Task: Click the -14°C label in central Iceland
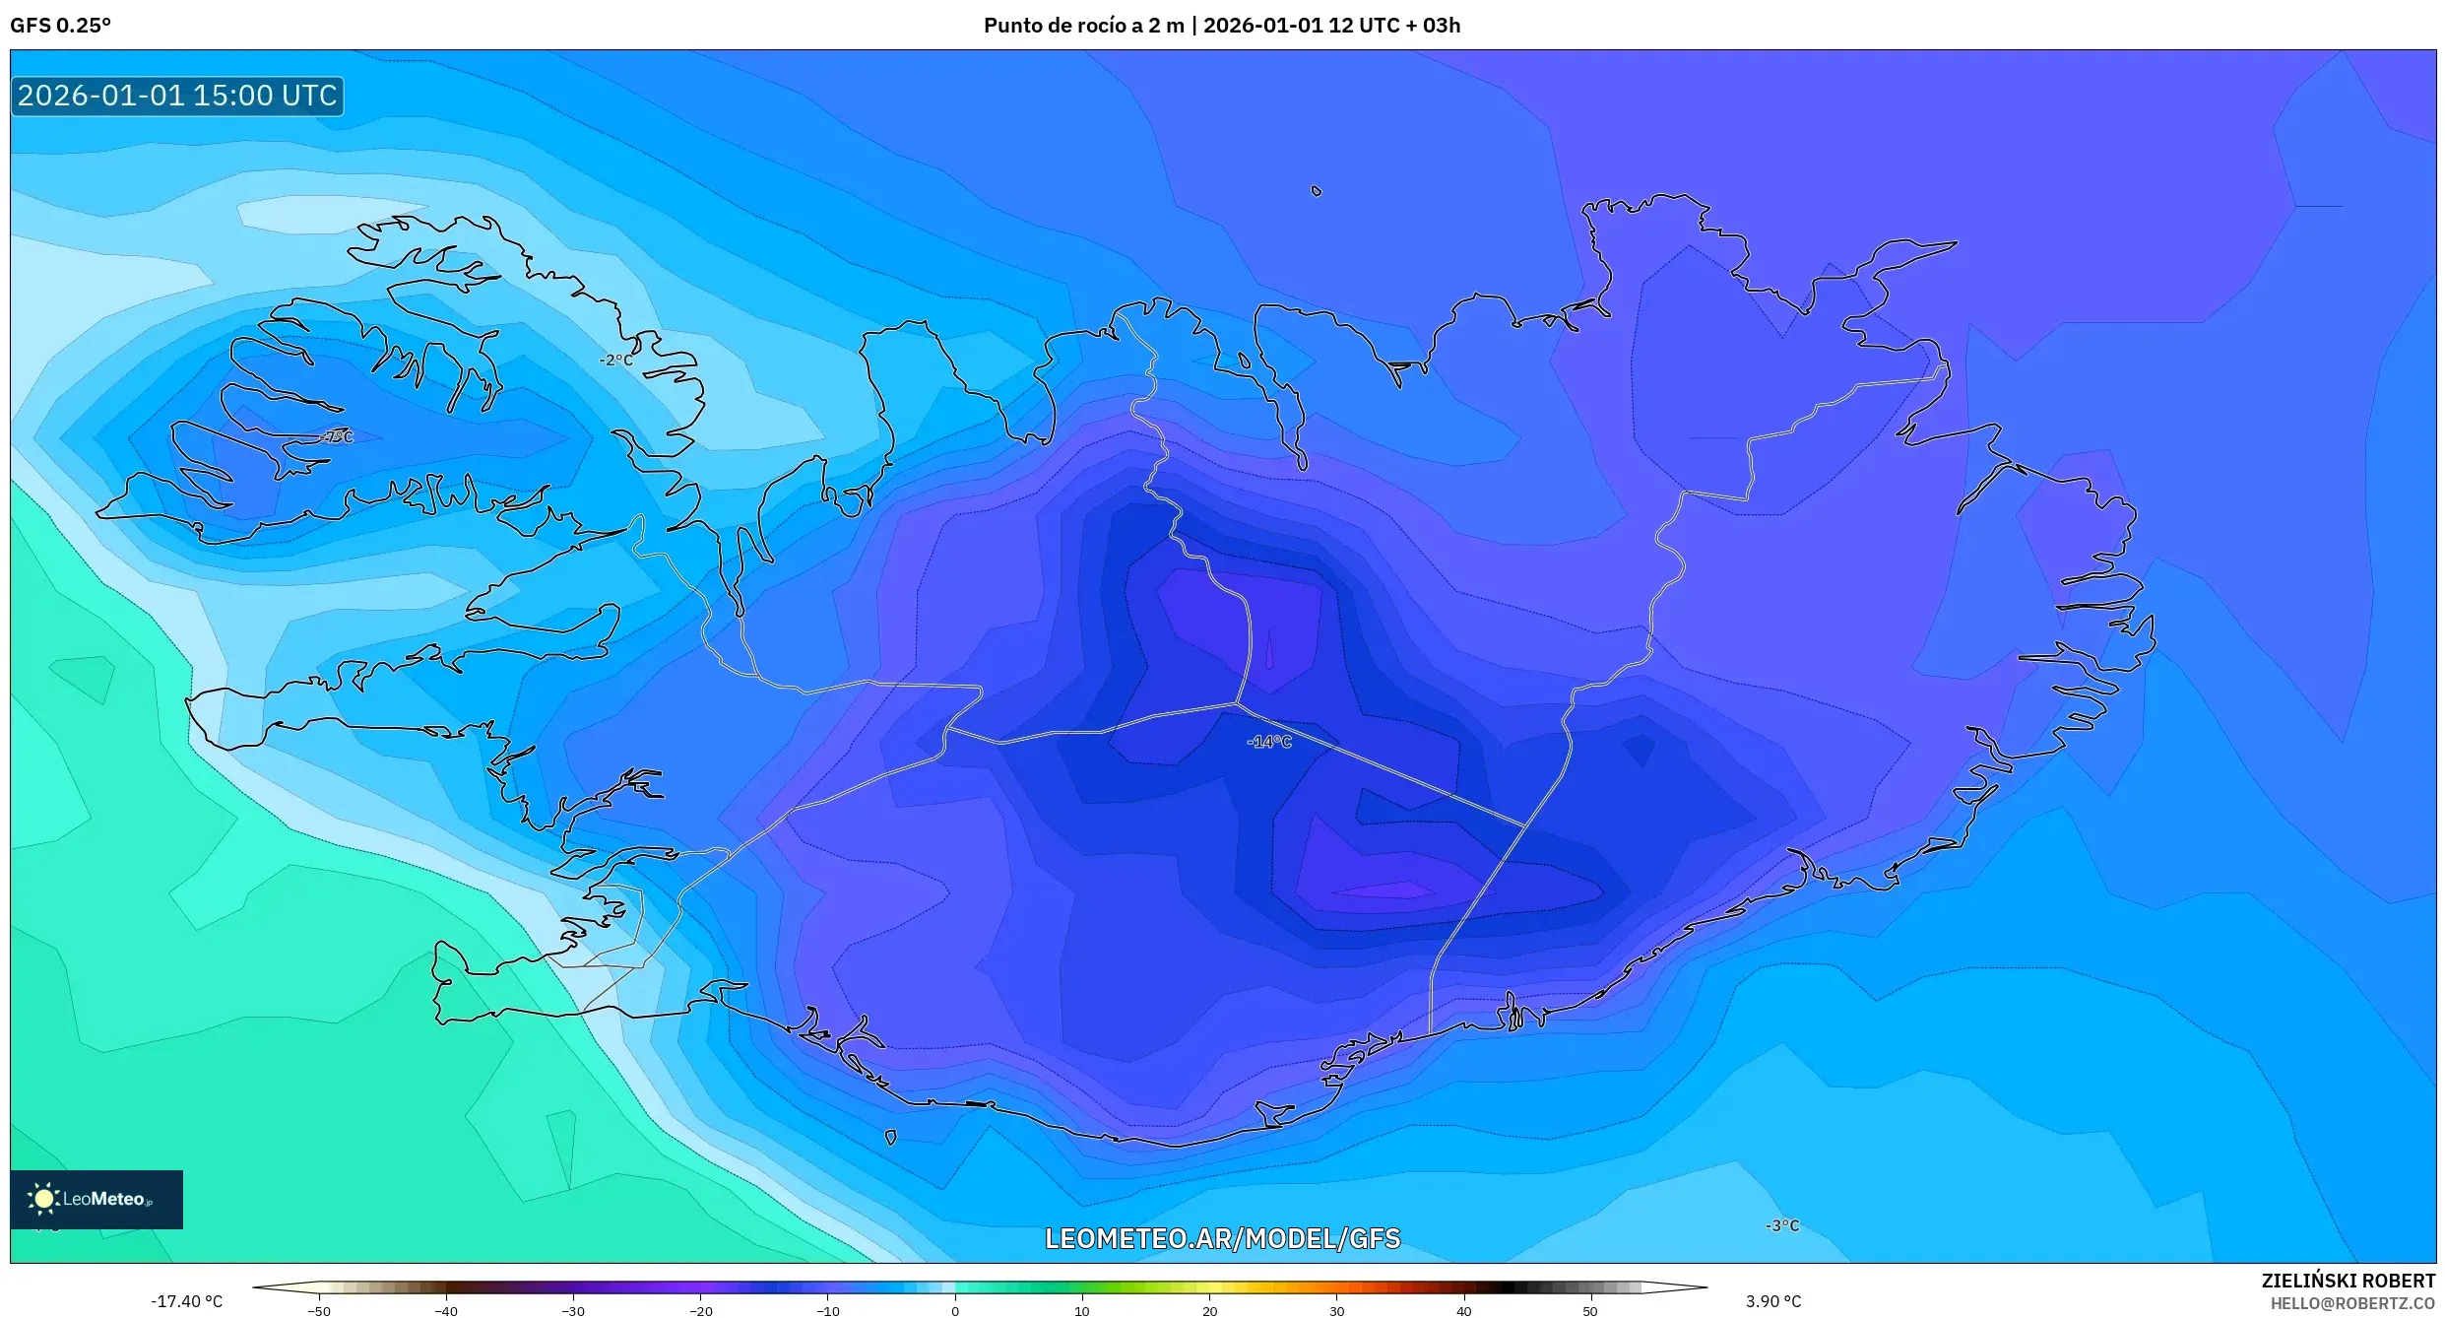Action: click(x=1268, y=742)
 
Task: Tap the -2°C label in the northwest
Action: click(x=616, y=361)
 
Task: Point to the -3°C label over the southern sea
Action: click(x=1782, y=1225)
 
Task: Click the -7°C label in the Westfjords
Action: click(x=337, y=436)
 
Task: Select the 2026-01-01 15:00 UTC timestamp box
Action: click(x=177, y=96)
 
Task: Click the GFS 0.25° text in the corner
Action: click(x=60, y=26)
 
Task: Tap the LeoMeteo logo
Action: click(x=96, y=1199)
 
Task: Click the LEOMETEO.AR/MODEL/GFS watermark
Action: click(x=1222, y=1238)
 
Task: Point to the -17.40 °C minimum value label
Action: click(x=186, y=1301)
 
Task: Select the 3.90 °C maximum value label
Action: click(x=1773, y=1301)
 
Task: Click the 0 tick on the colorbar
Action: click(x=954, y=1310)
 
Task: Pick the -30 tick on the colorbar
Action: click(x=573, y=1310)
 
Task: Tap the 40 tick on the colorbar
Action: click(x=1463, y=1310)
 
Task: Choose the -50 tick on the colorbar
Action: click(x=319, y=1310)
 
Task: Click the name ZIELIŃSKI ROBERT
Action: click(x=2348, y=1281)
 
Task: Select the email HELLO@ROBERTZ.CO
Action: click(x=2352, y=1303)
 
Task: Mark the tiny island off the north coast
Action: click(x=1317, y=191)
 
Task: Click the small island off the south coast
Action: click(x=890, y=1138)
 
